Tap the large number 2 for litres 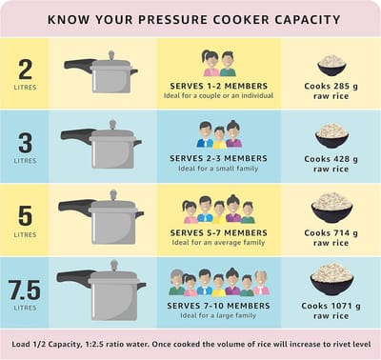click(25, 70)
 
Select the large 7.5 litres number click(25, 290)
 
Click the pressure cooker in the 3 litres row click(101, 145)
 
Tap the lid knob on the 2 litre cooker click(111, 55)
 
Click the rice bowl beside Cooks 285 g click(331, 66)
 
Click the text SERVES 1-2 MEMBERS click(219, 86)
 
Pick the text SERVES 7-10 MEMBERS click(218, 306)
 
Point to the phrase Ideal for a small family click(218, 169)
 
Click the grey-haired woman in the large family click(176, 283)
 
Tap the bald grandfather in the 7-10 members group click(261, 283)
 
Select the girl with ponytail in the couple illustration click(211, 63)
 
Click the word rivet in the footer click(338, 344)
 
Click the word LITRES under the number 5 click(25, 234)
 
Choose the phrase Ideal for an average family click(218, 243)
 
